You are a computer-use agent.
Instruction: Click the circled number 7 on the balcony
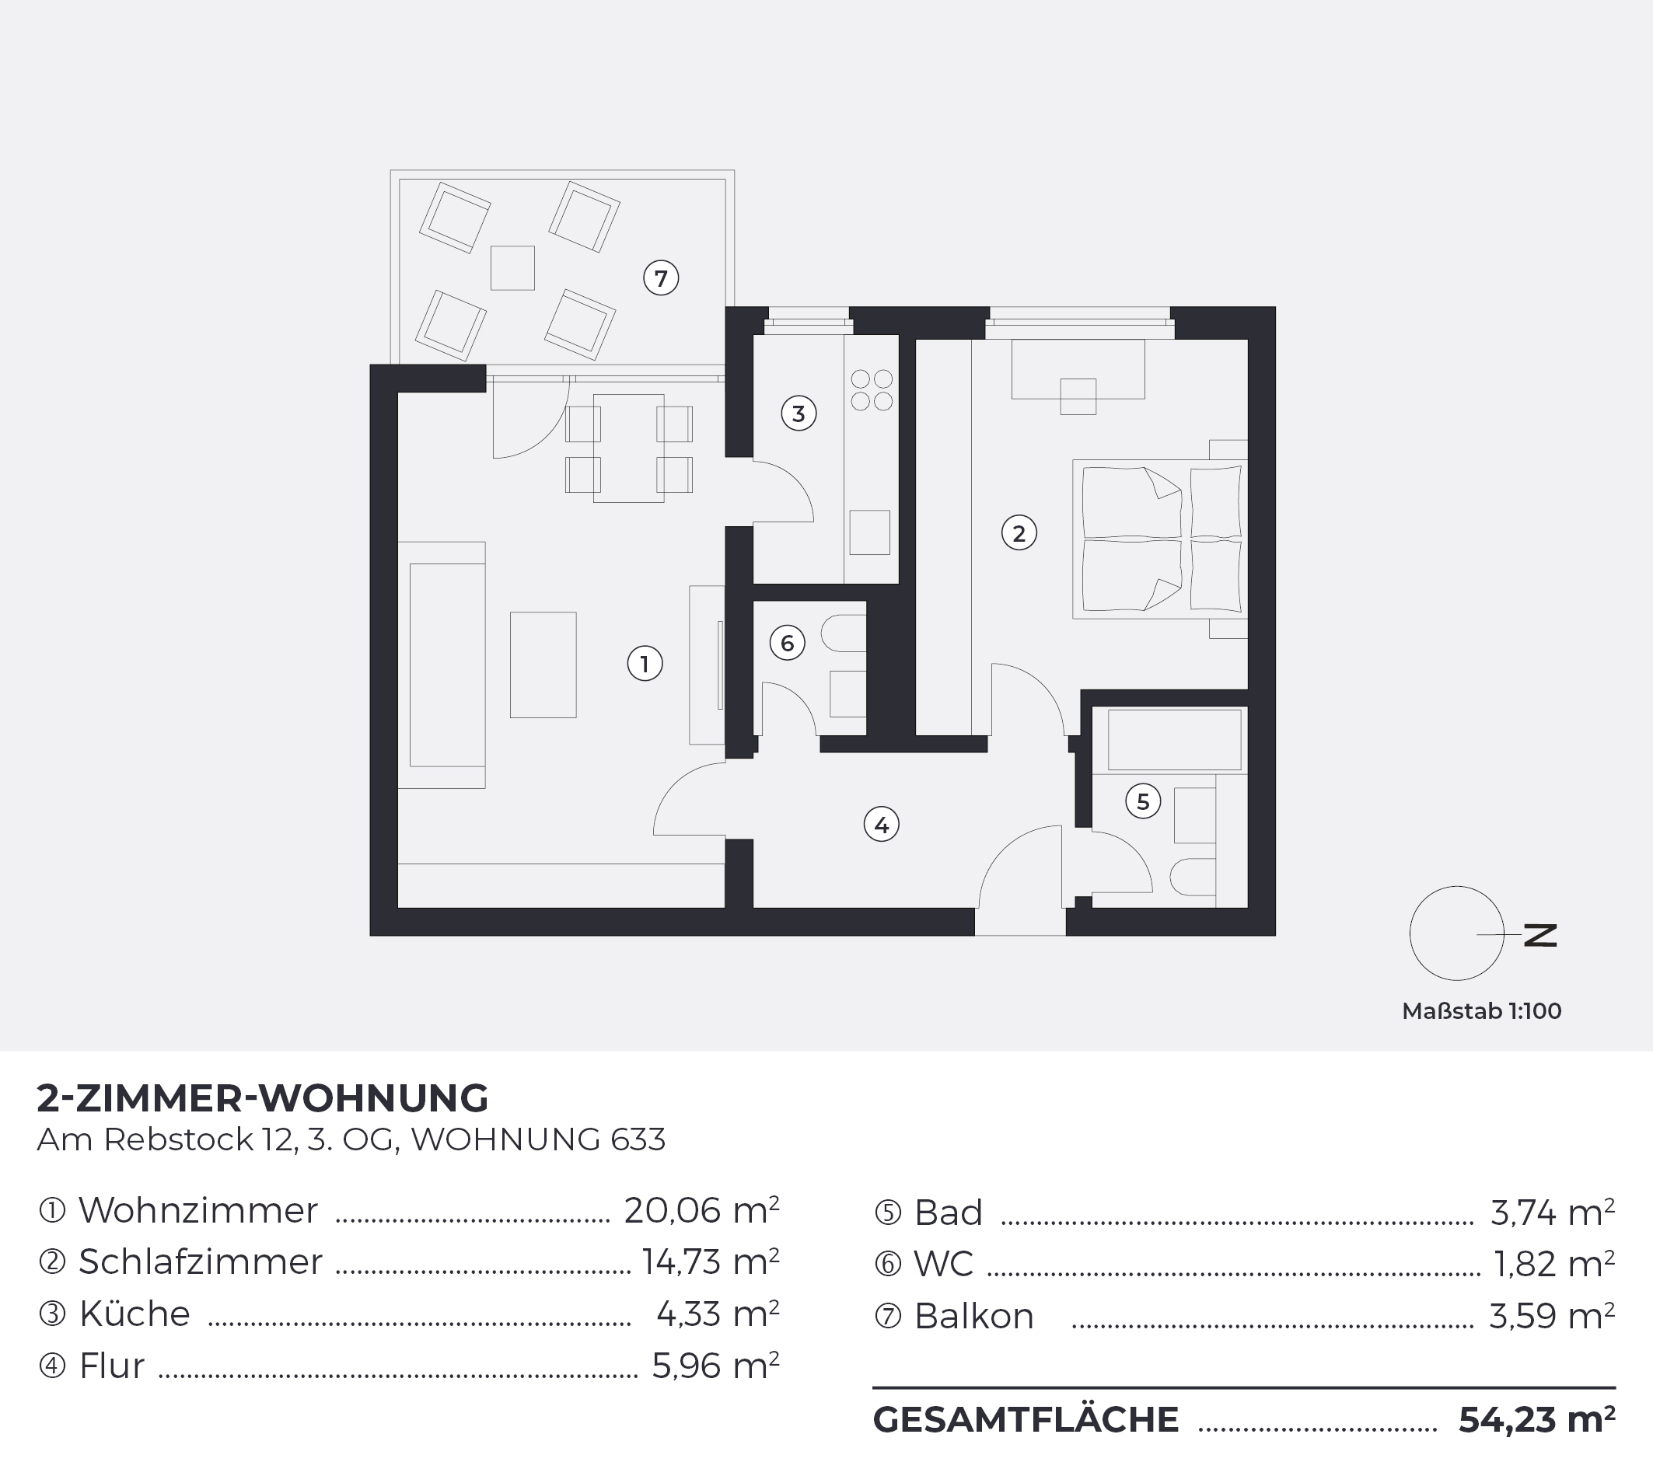661,278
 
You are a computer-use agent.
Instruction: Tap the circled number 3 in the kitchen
799,413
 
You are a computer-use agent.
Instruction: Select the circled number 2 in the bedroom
1019,532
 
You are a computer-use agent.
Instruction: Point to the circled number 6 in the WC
787,644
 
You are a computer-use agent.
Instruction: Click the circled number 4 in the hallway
882,825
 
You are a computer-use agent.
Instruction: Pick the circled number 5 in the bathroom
1143,801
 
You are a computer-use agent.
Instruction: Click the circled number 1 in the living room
645,664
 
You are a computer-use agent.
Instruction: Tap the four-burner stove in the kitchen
871,389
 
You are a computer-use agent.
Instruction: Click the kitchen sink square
869,532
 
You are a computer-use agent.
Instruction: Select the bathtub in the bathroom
1174,740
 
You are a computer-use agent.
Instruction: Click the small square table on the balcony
512,267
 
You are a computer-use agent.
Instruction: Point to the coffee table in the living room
543,665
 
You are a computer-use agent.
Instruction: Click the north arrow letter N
1539,935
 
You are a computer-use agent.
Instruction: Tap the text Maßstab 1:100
1481,1010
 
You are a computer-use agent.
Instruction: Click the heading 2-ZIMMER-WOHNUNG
263,1098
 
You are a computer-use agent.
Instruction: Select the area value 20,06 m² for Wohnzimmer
701,1210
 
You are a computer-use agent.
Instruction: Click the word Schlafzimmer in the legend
201,1262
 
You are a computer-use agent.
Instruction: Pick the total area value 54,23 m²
1536,1420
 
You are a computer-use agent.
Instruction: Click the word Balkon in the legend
973,1316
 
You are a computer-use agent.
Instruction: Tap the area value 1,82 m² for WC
1554,1264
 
